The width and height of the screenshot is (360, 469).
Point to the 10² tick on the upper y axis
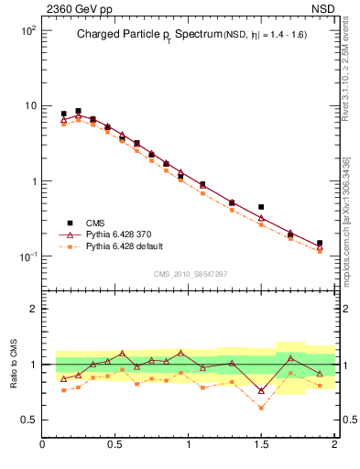click(27, 30)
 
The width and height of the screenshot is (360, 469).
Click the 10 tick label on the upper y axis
click(29, 105)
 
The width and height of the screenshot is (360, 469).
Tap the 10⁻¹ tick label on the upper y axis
click(27, 256)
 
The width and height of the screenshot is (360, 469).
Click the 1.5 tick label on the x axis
click(261, 445)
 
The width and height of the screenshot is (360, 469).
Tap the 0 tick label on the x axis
click(43, 445)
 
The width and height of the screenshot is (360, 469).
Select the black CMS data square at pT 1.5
click(261, 207)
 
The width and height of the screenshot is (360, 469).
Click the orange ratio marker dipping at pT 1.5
click(261, 408)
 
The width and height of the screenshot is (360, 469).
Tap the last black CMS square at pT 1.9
click(319, 244)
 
